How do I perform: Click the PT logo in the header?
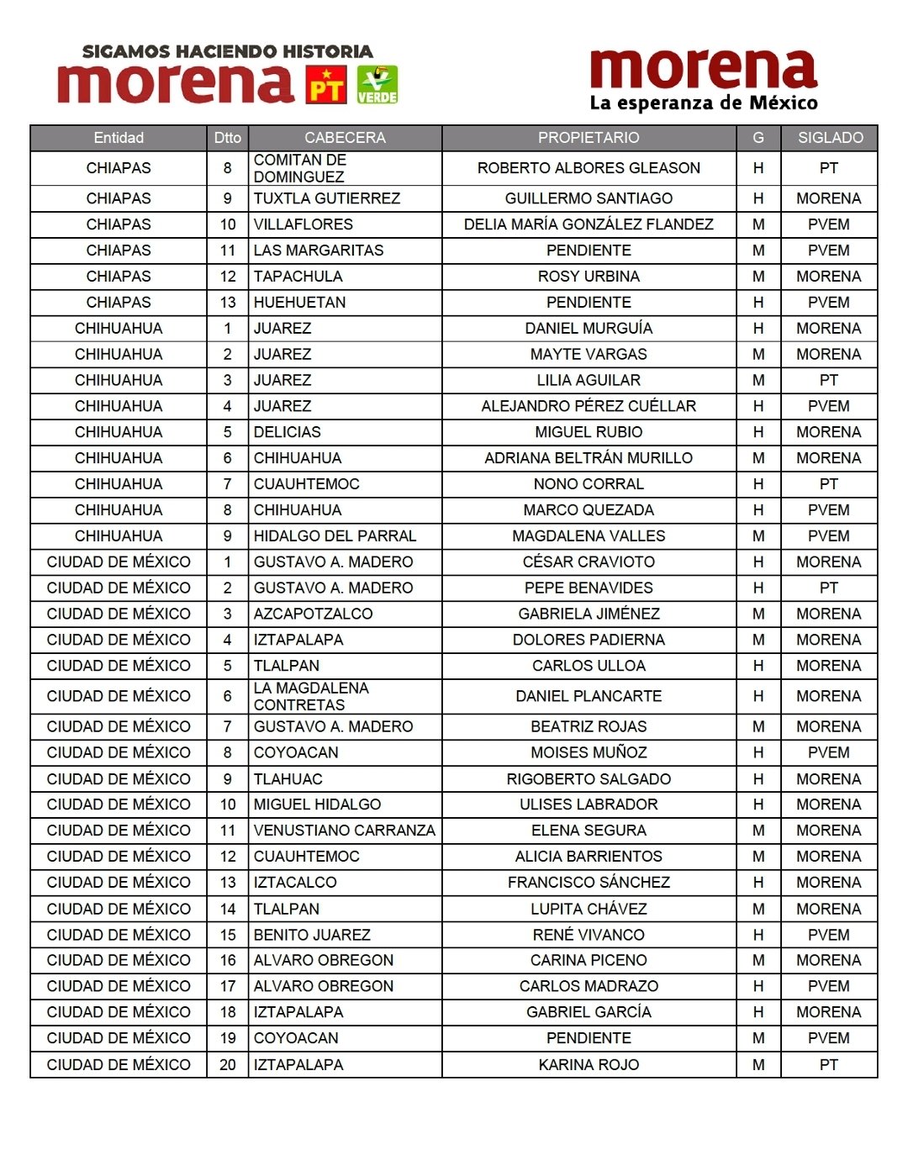tap(326, 84)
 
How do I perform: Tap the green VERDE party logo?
tap(377, 85)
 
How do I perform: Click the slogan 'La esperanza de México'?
tap(704, 103)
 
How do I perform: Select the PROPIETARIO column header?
tap(589, 138)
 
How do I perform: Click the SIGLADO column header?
tap(830, 138)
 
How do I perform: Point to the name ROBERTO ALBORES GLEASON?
tap(589, 168)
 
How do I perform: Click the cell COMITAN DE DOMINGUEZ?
tap(300, 168)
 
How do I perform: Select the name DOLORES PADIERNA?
tap(589, 640)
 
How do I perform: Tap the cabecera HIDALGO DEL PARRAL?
tap(335, 536)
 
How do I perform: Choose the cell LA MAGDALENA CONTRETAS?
tap(311, 696)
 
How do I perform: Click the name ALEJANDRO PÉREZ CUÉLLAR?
tap(589, 406)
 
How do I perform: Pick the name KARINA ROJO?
tap(589, 1065)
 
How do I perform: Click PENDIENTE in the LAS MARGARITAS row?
tap(589, 251)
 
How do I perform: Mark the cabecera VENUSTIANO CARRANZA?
tap(344, 831)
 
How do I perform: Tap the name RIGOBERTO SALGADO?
tap(589, 779)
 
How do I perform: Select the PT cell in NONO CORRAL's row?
tap(829, 484)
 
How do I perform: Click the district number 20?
tap(228, 1065)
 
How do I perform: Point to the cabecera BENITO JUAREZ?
tap(312, 935)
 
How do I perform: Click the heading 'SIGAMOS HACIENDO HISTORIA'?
tap(227, 51)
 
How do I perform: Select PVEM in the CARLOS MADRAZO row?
tap(829, 986)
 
